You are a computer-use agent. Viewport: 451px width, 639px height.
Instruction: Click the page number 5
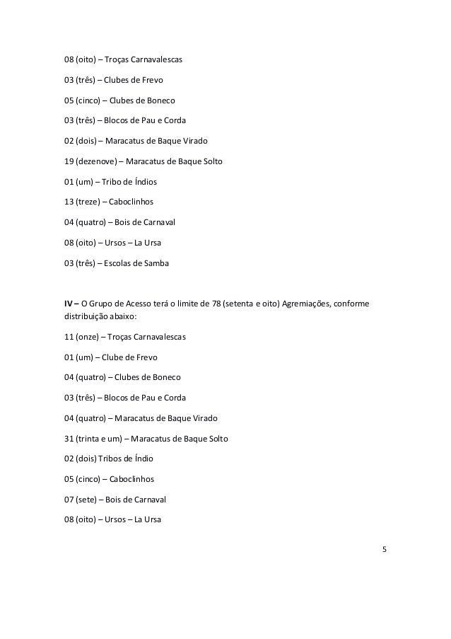coord(384,548)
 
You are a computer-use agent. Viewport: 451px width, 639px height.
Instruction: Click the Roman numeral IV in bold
coord(69,305)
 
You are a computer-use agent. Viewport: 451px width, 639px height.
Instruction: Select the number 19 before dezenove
coord(69,161)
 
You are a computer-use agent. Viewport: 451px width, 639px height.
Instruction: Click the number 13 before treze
coord(69,202)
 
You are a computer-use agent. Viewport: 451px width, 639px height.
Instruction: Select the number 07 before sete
coord(69,499)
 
